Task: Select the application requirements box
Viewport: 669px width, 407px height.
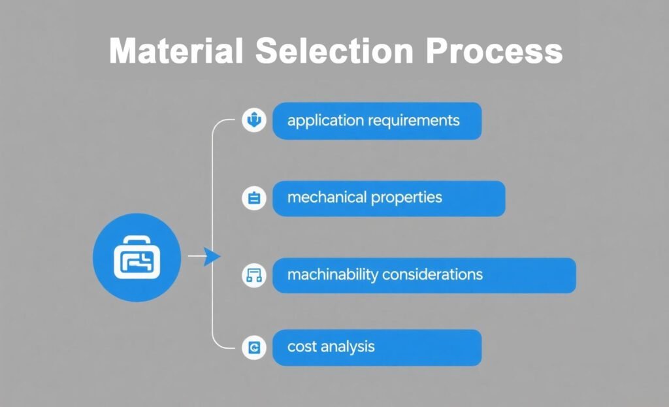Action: [x=376, y=121]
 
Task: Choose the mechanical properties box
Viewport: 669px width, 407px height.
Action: [x=388, y=198]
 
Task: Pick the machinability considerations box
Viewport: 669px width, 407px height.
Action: [x=423, y=275]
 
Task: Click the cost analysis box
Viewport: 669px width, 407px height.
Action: [x=376, y=347]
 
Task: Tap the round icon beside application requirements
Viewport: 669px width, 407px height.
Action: [x=254, y=120]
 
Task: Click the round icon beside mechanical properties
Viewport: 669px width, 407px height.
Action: [x=254, y=198]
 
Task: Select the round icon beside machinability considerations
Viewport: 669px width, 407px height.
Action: [x=254, y=275]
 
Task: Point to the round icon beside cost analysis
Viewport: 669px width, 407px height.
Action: [x=254, y=348]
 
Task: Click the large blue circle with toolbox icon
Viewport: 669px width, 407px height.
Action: [x=137, y=256]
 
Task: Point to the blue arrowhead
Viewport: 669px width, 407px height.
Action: [x=210, y=257]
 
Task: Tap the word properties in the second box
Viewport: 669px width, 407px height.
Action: [x=406, y=197]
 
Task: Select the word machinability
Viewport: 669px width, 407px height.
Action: [x=333, y=274]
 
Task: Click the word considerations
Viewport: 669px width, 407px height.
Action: [x=432, y=274]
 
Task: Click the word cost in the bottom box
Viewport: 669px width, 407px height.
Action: [x=302, y=346]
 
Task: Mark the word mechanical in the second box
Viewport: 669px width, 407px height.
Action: [x=327, y=197]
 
